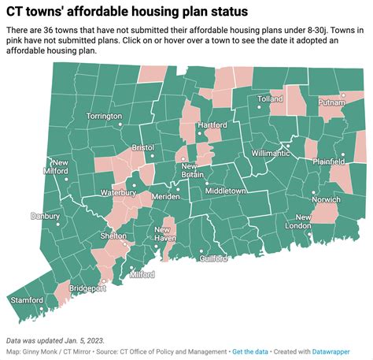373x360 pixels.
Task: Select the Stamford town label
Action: pyautogui.click(x=27, y=300)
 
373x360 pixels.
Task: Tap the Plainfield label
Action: pyautogui.click(x=335, y=161)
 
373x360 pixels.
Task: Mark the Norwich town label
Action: pyautogui.click(x=326, y=200)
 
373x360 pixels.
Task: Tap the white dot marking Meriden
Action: pyautogui.click(x=178, y=188)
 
